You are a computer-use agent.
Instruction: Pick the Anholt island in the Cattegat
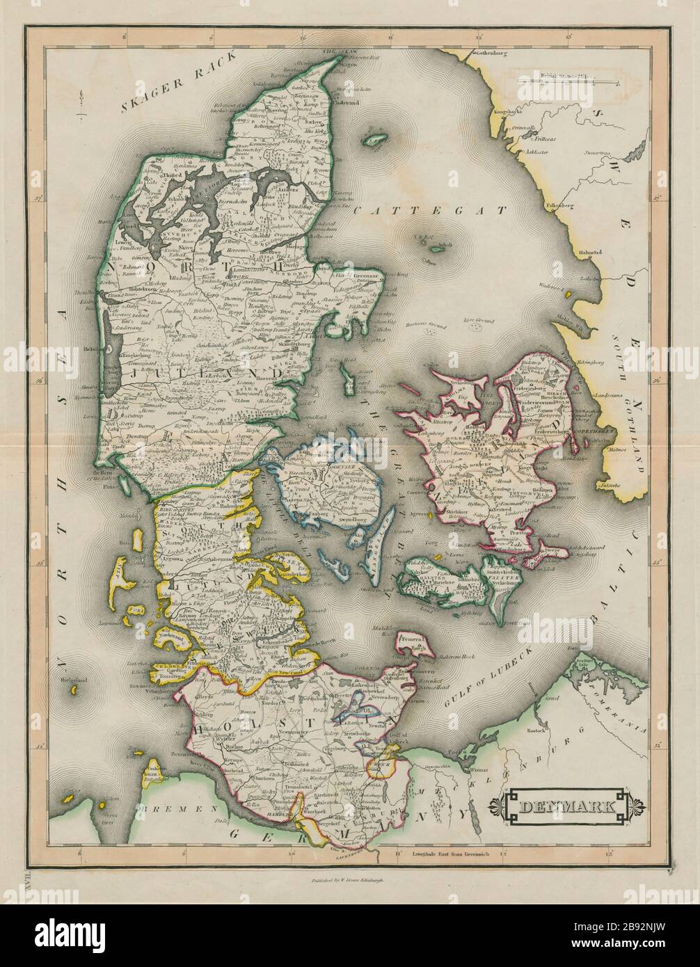pyautogui.click(x=436, y=248)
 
